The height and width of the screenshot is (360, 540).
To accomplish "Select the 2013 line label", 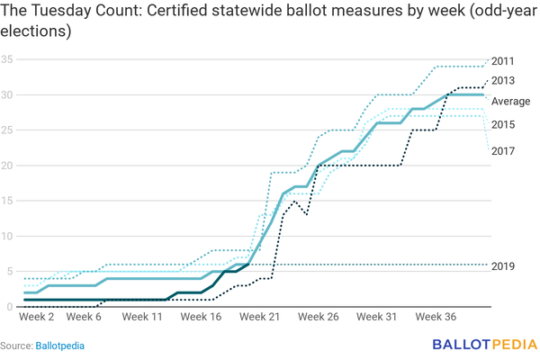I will tap(504, 81).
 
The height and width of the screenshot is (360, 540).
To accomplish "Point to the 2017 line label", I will tap(504, 150).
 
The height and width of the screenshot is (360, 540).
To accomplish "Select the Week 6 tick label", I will tap(85, 318).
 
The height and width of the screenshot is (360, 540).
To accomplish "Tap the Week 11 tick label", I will tap(142, 318).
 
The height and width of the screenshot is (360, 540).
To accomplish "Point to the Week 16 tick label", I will tap(201, 318).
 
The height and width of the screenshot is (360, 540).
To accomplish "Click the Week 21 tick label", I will tap(259, 318).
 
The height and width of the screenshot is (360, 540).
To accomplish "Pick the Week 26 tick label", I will tap(318, 318).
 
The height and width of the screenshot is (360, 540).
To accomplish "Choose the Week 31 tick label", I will tap(376, 318).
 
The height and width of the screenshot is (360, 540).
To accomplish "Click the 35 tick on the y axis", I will tap(7, 60).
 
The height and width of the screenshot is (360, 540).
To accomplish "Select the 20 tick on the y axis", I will tap(7, 166).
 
